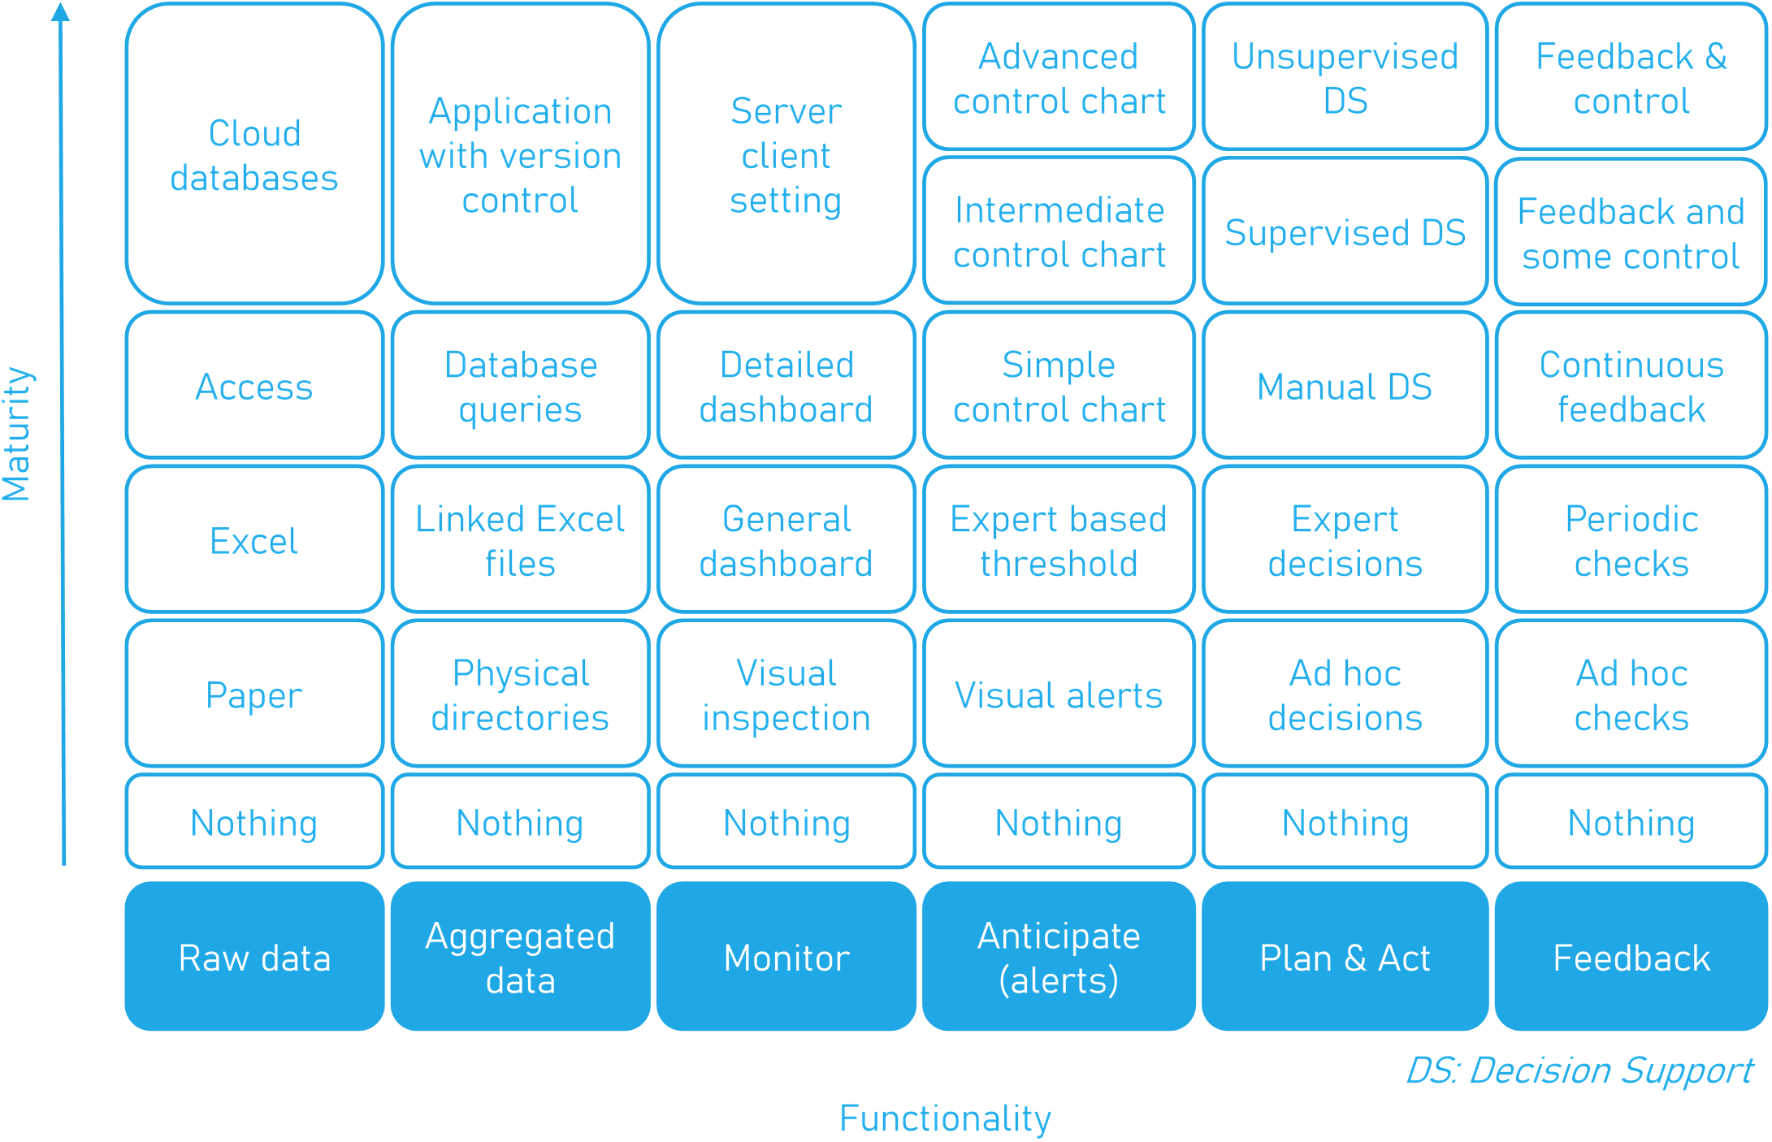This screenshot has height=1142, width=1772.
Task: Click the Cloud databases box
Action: pos(254,154)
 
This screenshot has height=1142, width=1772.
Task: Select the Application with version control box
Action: pos(521,154)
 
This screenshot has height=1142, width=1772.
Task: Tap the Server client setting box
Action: pos(786,154)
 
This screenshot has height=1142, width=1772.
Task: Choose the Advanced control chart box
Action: pos(1059,76)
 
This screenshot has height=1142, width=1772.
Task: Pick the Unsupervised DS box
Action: pos(1345,76)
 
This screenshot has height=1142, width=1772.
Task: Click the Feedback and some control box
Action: pos(1631,231)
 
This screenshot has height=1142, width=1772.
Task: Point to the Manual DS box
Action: pos(1345,385)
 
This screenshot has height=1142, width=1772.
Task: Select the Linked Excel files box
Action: pos(521,539)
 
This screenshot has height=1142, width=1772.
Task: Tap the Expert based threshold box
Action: pos(1059,539)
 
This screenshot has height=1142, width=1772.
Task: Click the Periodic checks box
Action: pos(1631,539)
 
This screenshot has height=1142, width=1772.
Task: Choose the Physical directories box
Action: pos(521,694)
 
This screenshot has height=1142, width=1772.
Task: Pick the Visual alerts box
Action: pos(1059,694)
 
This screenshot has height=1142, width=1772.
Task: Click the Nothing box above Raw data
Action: pos(254,821)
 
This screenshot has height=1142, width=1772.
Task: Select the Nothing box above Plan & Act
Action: pos(1345,821)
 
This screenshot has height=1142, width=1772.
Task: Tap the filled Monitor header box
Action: pos(786,956)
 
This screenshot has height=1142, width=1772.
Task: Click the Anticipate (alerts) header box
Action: pos(1059,956)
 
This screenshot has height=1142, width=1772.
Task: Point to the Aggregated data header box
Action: pos(521,956)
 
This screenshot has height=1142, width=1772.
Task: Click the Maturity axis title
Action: pos(16,434)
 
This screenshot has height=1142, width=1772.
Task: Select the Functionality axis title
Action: pos(945,1118)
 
